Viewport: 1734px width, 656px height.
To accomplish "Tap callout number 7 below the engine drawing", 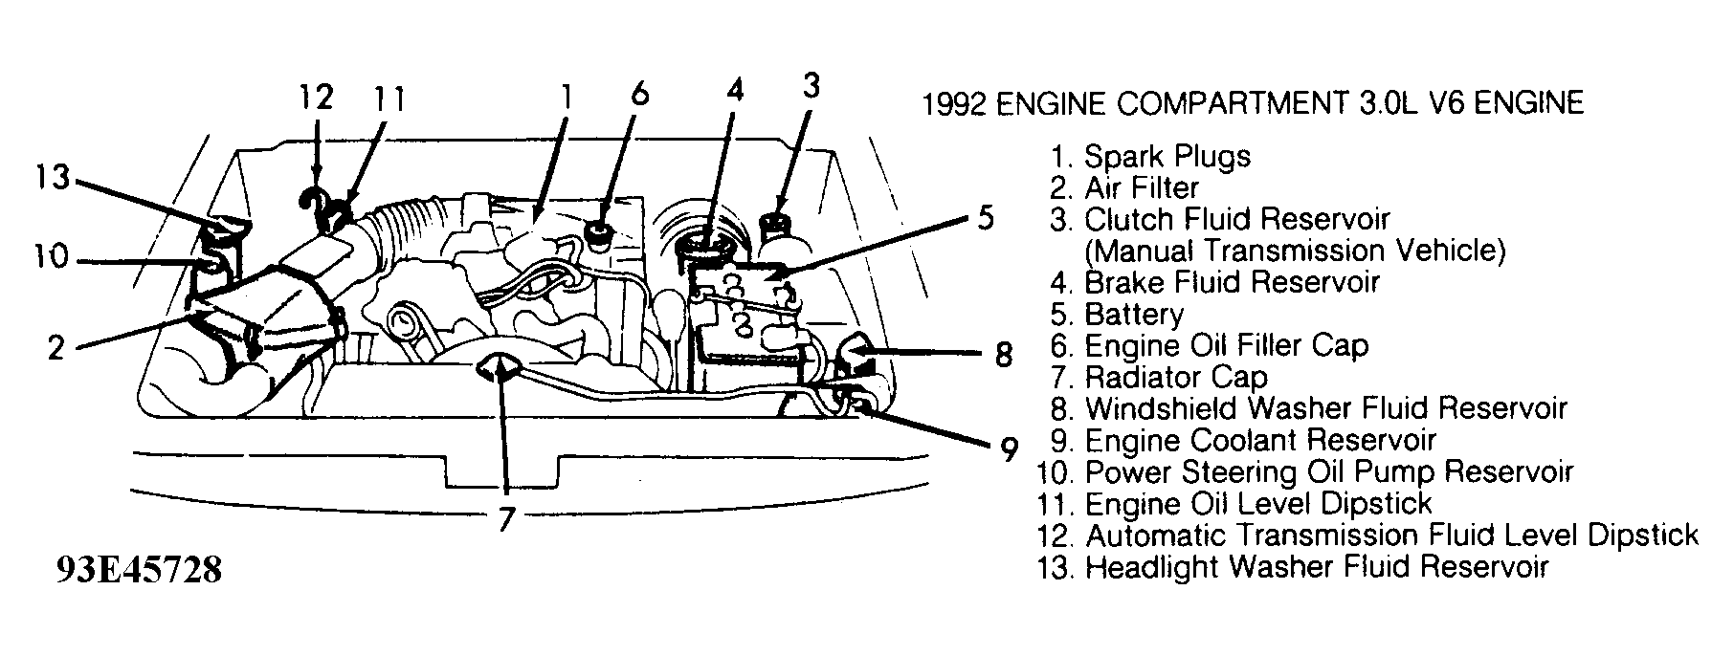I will point(506,519).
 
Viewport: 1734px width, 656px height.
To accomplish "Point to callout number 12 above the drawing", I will point(315,98).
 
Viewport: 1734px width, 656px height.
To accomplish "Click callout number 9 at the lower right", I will point(1007,449).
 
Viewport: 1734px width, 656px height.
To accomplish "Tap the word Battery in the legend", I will point(1134,315).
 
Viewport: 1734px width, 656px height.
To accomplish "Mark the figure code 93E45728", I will point(140,571).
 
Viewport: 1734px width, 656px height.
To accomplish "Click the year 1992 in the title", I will point(953,102).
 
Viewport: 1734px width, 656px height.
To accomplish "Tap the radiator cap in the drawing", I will point(498,366).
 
